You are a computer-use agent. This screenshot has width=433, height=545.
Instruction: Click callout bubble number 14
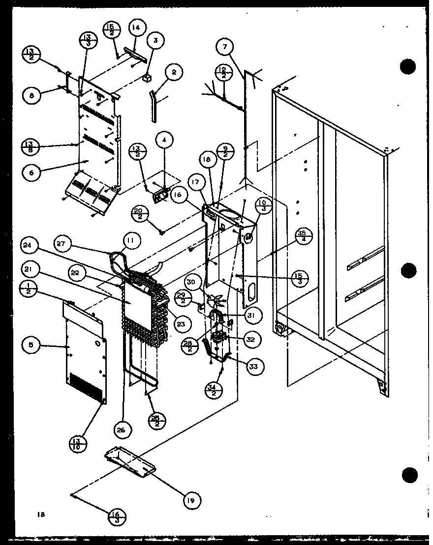coord(136,29)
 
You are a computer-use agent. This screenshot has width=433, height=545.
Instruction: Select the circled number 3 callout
coord(155,41)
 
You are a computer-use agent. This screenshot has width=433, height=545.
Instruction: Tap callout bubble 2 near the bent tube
coord(174,73)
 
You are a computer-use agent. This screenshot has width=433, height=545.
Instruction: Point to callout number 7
coord(225,48)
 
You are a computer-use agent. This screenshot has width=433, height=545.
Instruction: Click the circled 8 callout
coord(31,96)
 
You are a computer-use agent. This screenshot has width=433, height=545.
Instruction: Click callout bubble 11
coord(131,241)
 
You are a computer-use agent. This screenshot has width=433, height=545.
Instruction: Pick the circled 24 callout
coord(30,245)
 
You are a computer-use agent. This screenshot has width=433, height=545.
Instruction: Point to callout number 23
coord(182,324)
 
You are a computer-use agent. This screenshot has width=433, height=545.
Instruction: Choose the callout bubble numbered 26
coord(121,430)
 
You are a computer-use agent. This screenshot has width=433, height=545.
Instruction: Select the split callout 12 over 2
coord(223,73)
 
